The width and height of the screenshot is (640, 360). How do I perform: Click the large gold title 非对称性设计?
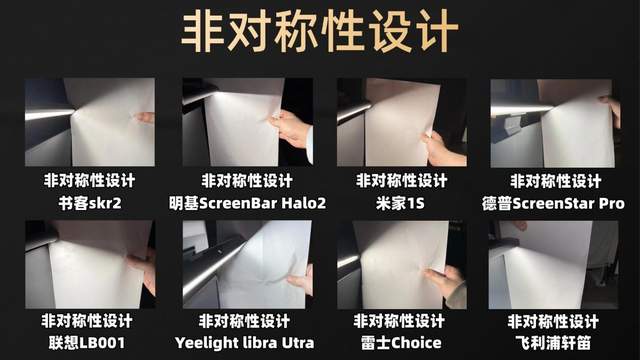320,32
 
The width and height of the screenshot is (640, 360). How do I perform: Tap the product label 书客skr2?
90,203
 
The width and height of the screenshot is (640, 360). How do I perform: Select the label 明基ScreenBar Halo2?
247,203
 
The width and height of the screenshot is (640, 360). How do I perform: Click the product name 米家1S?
400,203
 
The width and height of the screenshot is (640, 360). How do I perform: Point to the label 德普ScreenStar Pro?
553,203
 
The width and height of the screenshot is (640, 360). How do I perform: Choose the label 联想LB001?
87,342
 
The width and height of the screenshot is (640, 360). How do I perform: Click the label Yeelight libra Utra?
244,342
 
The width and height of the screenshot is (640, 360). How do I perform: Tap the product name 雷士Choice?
401,342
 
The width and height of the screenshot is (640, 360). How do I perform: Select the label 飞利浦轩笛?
553,342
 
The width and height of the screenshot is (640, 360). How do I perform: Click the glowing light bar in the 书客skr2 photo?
49,114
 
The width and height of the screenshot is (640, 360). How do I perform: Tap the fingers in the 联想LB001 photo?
143,270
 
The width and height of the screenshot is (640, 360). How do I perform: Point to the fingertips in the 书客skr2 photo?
144,118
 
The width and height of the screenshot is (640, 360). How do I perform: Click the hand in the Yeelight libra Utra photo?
301,279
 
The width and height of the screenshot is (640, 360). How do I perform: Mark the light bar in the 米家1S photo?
353,110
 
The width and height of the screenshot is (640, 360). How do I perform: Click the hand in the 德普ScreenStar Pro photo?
611,110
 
